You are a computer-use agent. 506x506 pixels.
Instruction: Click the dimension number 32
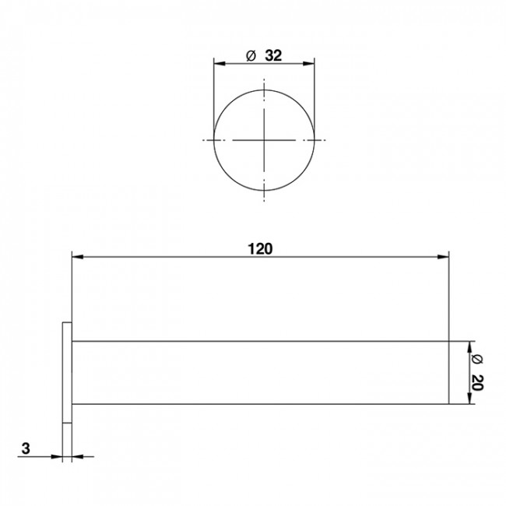pyautogui.click(x=273, y=55)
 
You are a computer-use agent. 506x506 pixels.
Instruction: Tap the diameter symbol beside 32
pyautogui.click(x=251, y=56)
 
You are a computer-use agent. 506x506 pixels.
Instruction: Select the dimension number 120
pyautogui.click(x=260, y=249)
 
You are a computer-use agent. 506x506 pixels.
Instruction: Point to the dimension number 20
pyautogui.click(x=477, y=382)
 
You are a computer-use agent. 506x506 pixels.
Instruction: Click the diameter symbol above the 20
pyautogui.click(x=477, y=359)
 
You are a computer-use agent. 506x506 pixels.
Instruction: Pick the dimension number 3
pyautogui.click(x=26, y=448)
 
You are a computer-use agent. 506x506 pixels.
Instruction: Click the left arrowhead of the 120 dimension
pyautogui.click(x=78, y=257)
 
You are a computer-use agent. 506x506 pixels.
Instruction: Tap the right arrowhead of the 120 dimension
pyautogui.click(x=443, y=257)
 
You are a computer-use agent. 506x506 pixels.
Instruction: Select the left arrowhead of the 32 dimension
pyautogui.click(x=220, y=64)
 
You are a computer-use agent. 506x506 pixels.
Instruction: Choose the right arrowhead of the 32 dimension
pyautogui.click(x=309, y=64)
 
